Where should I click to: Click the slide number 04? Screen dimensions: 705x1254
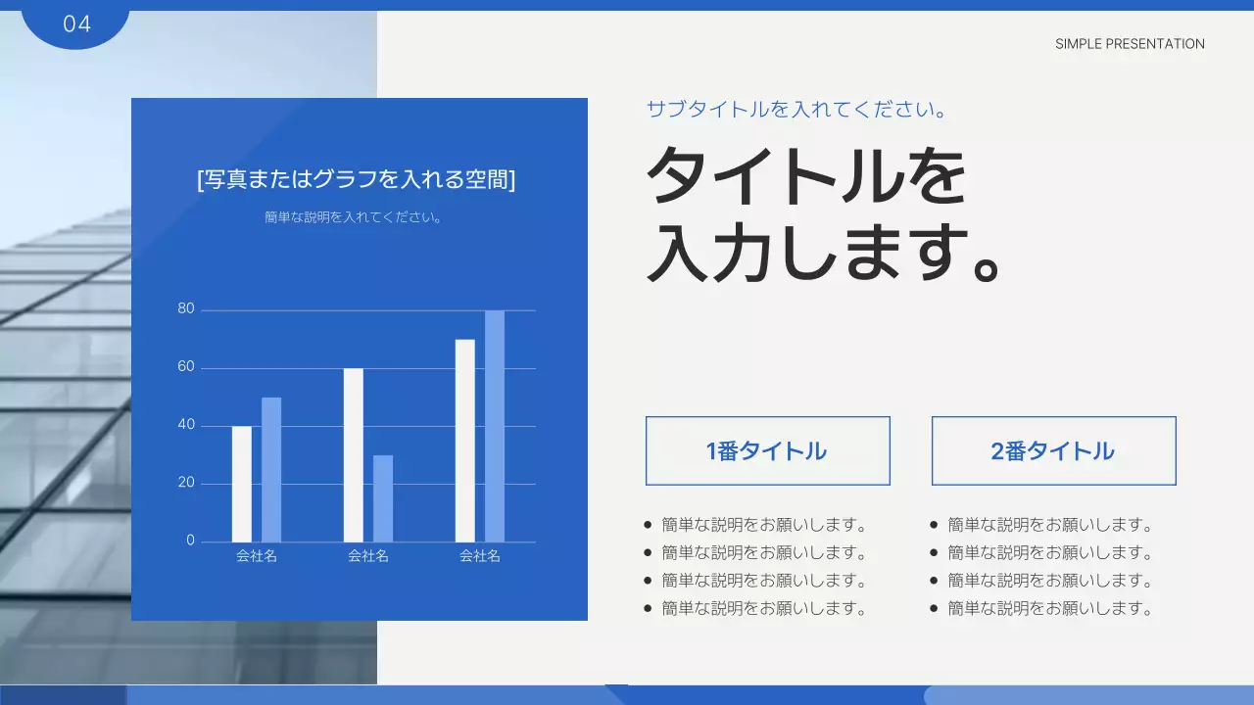tap(76, 24)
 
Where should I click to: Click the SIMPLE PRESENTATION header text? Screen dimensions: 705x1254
tap(1130, 44)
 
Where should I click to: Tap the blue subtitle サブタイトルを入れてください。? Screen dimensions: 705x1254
tap(796, 110)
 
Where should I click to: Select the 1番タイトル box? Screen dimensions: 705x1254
tap(767, 450)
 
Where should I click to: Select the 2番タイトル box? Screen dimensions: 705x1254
tap(1053, 450)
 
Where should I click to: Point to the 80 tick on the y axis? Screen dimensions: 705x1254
tap(186, 309)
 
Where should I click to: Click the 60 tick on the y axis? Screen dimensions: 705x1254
tap(186, 367)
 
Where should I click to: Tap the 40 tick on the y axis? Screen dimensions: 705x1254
tap(186, 425)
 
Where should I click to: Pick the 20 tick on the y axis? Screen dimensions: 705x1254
tap(186, 483)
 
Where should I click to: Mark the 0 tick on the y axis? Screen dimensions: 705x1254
tap(191, 540)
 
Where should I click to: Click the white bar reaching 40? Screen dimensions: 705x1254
tap(242, 484)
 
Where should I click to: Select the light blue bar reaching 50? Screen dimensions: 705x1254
tap(271, 470)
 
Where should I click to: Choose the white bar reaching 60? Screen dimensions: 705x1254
tap(354, 455)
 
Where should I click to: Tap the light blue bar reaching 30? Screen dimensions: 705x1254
tap(383, 498)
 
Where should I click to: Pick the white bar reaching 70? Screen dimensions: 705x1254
tap(465, 441)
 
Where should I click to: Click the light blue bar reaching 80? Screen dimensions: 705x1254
tap(495, 426)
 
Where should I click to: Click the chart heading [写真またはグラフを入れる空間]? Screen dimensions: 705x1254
tap(357, 180)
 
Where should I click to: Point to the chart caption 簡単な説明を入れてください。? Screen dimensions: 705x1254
tap(355, 217)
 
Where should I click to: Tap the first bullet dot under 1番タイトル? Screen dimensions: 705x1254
tap(648, 525)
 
